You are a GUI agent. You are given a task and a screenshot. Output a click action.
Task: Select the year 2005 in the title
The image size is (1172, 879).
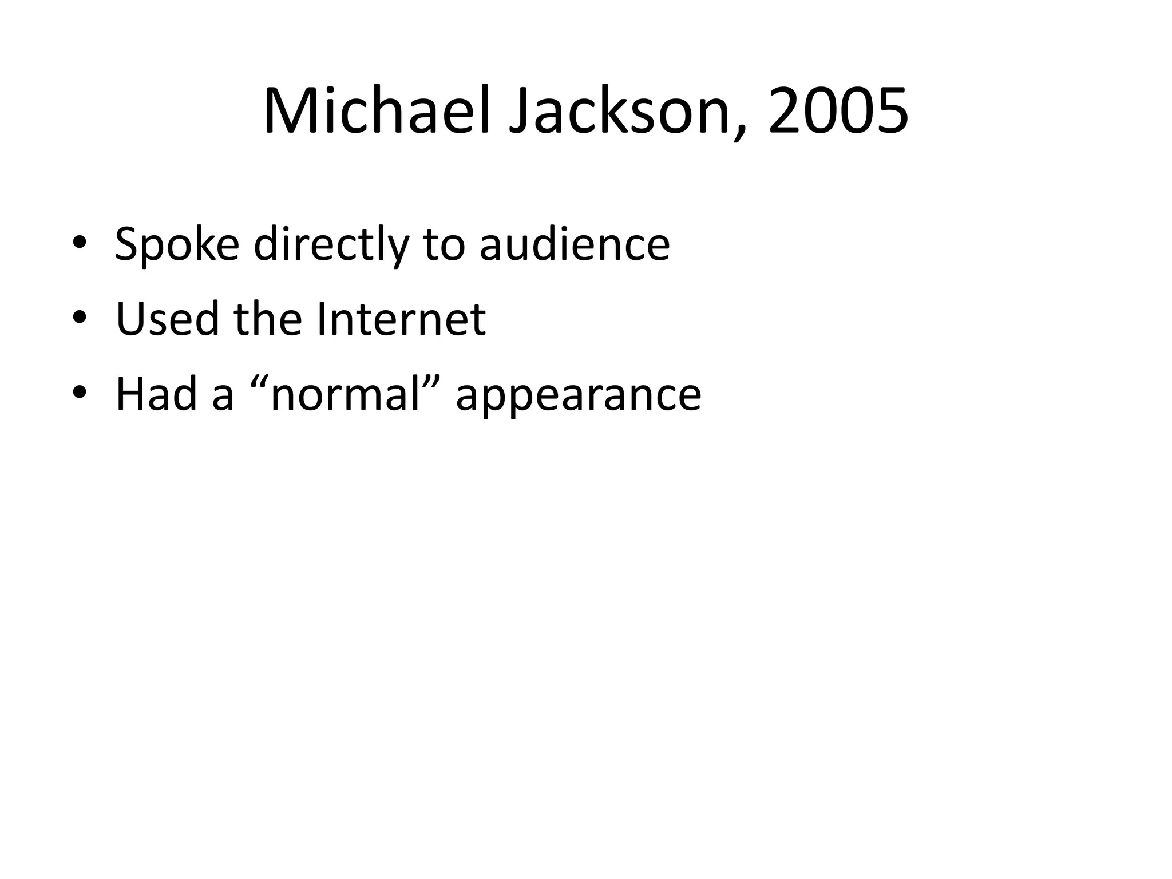click(838, 112)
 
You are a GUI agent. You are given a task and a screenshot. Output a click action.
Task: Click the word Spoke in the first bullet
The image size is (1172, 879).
click(177, 244)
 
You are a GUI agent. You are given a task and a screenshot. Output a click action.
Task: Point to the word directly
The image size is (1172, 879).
click(331, 244)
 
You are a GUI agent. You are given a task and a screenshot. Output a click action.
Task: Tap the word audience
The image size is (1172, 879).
click(575, 244)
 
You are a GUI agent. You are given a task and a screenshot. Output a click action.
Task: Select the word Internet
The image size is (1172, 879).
click(401, 319)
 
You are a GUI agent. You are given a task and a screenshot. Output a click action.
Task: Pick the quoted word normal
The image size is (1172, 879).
click(346, 394)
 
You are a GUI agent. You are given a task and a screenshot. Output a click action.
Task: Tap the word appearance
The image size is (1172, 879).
click(579, 394)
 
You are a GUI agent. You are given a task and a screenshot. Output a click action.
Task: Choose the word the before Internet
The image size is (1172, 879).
click(268, 319)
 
